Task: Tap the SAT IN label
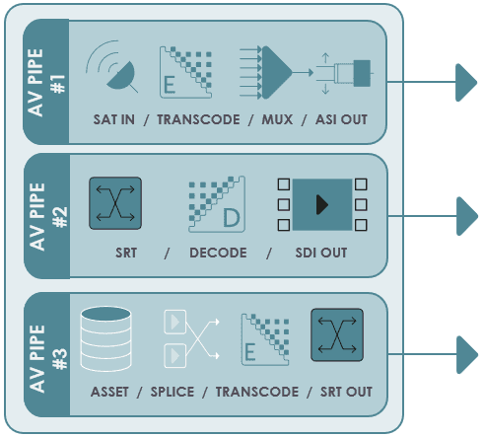pyautogui.click(x=114, y=119)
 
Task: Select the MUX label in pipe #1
pyautogui.click(x=277, y=119)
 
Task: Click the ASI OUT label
pyautogui.click(x=341, y=119)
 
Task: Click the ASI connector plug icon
pyautogui.click(x=345, y=73)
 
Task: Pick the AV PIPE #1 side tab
pyautogui.click(x=46, y=82)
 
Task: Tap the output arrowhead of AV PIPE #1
pyautogui.click(x=466, y=83)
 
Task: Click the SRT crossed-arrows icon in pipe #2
pyautogui.click(x=115, y=203)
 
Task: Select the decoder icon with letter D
pyautogui.click(x=217, y=204)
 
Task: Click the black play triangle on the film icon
pyautogui.click(x=321, y=204)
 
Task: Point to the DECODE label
pyautogui.click(x=218, y=253)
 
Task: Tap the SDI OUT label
pyautogui.click(x=321, y=253)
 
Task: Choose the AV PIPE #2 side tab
pyautogui.click(x=47, y=216)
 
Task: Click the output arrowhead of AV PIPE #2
pyautogui.click(x=467, y=216)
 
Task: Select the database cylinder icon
pyautogui.click(x=105, y=338)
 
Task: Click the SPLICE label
pyautogui.click(x=173, y=392)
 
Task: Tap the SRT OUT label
pyautogui.click(x=346, y=392)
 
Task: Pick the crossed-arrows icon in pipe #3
pyautogui.click(x=337, y=334)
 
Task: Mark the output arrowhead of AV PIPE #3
pyautogui.click(x=467, y=355)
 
